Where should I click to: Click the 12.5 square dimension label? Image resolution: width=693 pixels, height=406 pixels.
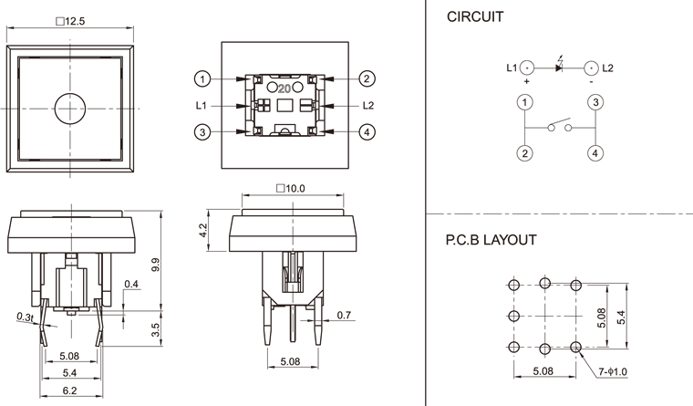tap(70, 23)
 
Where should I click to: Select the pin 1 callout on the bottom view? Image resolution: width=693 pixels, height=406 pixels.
tap(203, 78)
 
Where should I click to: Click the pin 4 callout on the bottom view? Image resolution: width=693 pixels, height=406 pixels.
tap(367, 132)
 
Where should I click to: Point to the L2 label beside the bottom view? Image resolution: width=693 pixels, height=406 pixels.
tap(368, 105)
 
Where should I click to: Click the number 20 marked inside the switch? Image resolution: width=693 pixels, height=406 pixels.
tap(284, 88)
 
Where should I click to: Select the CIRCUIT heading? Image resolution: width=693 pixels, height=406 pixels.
tap(473, 17)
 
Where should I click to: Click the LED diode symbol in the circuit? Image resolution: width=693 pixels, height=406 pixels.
tap(559, 67)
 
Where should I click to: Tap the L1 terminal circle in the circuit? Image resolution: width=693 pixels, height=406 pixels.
tap(526, 67)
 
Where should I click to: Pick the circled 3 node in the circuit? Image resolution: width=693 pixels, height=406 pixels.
tap(594, 102)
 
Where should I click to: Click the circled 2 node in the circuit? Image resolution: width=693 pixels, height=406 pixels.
tap(525, 152)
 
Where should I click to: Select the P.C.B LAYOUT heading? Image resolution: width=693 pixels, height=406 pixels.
tap(491, 241)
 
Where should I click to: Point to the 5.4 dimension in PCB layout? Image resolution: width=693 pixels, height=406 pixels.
tap(622, 316)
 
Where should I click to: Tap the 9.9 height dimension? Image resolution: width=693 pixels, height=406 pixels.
tap(156, 265)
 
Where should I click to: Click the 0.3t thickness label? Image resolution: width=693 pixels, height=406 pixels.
tap(25, 317)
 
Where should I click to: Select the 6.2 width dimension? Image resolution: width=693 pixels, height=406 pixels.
tap(69, 390)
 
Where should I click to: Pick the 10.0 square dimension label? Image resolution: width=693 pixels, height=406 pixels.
tap(290, 188)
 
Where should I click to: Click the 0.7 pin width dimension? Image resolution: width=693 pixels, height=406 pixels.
tap(344, 316)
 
